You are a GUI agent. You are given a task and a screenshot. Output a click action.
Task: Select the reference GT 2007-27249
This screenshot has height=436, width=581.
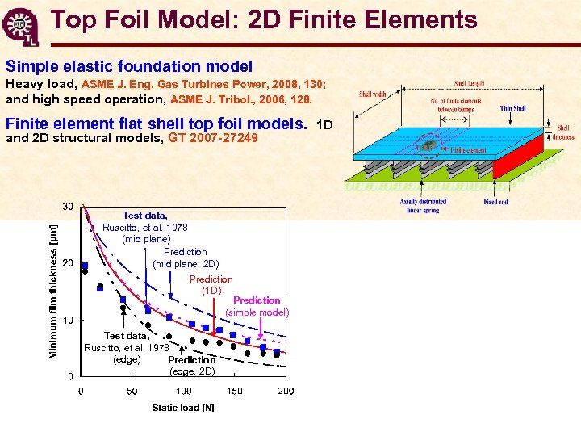[213, 138]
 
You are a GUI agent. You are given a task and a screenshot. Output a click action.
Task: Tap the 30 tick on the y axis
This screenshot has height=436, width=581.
[68, 207]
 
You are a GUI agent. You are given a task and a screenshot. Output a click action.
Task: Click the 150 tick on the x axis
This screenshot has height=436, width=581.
[234, 392]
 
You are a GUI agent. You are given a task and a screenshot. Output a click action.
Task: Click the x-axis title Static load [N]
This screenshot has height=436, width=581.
[183, 408]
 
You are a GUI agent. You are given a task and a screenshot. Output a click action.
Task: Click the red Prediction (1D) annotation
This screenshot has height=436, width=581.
[211, 285]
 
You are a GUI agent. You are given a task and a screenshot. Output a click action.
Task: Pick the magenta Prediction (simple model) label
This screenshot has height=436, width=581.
[257, 306]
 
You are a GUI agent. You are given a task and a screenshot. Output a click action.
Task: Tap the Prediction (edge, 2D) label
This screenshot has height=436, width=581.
[191, 366]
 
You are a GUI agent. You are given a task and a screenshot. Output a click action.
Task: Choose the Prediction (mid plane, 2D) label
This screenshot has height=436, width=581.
[186, 258]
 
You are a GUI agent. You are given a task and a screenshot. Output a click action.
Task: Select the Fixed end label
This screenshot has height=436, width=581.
[496, 202]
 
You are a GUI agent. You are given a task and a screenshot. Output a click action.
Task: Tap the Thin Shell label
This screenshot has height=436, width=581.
[513, 108]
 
